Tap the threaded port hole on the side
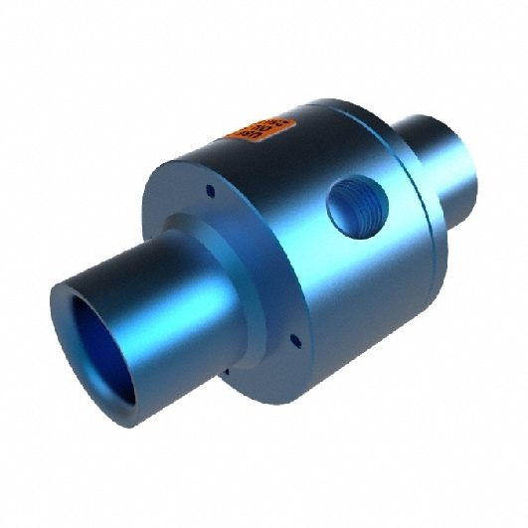[x=357, y=206]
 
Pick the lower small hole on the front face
[x=294, y=341]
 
